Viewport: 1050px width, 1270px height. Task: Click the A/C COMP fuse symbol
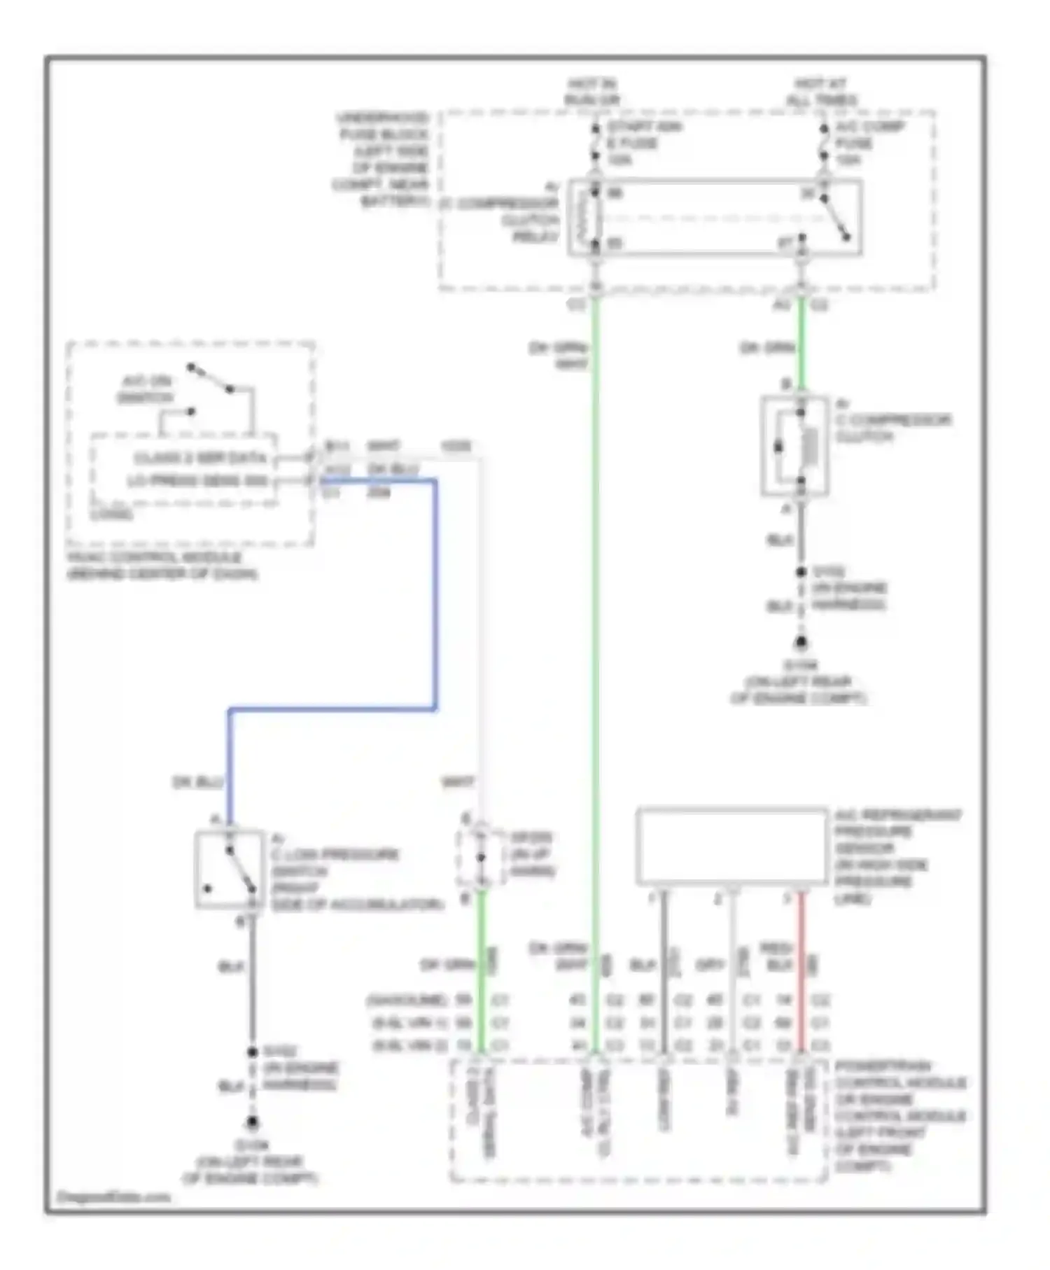coord(824,143)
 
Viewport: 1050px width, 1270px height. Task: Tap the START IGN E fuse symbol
coord(595,143)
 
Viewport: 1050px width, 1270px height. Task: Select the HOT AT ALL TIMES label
coord(820,92)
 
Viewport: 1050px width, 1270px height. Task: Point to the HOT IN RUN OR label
coord(591,92)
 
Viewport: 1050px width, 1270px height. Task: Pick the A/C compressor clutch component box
coord(795,446)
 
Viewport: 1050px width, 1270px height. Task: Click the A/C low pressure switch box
coord(230,870)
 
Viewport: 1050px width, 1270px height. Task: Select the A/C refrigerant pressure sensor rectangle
coord(731,846)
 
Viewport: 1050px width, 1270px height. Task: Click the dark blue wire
coord(435,595)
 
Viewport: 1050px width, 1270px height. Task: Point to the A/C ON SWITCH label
coord(146,389)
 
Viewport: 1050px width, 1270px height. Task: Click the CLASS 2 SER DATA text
coord(199,458)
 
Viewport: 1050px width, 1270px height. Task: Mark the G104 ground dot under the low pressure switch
coord(252,1122)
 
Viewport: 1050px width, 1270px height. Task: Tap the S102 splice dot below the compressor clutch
coord(801,572)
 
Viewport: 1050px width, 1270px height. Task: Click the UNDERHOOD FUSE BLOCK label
coord(382,160)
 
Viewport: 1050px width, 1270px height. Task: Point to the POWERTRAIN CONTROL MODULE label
coord(899,1116)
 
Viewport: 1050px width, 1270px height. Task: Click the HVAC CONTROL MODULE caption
coord(162,566)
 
